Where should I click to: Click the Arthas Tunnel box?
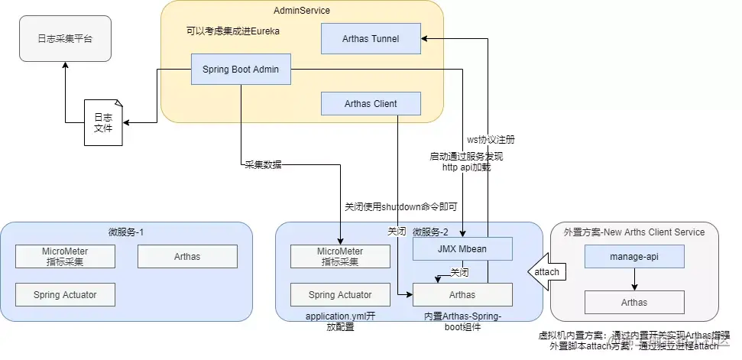[371, 38]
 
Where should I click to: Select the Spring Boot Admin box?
[241, 70]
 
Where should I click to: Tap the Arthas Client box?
[371, 104]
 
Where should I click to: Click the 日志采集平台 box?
[65, 38]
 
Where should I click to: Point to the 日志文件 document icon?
[102, 122]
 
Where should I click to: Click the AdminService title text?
[302, 10]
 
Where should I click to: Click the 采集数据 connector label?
[262, 164]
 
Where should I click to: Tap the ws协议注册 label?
[491, 140]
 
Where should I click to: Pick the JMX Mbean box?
[462, 248]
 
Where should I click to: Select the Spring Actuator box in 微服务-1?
[65, 294]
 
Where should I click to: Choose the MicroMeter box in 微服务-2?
[340, 256]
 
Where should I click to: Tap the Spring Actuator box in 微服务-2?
[340, 294]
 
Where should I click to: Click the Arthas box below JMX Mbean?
[462, 294]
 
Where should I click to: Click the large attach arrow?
[543, 271]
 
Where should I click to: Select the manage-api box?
[634, 256]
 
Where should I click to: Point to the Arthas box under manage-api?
[634, 302]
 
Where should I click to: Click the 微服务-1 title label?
[126, 232]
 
